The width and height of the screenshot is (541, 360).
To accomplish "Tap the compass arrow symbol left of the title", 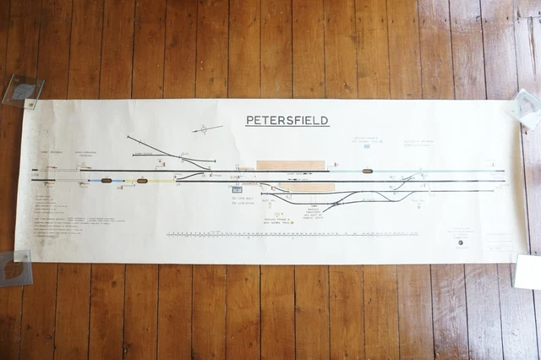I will click(206, 129).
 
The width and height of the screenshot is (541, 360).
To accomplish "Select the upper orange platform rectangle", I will click(290, 165).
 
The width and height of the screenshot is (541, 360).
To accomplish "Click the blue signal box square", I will click(237, 190).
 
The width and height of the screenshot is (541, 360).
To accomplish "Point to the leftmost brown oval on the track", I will click(107, 180).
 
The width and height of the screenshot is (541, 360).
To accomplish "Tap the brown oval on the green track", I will click(367, 171).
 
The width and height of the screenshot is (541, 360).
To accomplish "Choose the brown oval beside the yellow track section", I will click(142, 181).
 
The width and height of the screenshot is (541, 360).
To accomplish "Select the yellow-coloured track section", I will click(161, 181).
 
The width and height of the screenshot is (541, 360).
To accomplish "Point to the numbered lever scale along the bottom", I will click(304, 233).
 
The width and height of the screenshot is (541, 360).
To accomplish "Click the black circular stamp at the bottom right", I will click(461, 243).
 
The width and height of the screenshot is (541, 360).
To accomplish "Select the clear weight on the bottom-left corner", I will click(15, 267).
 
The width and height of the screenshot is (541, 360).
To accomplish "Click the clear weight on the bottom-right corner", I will click(527, 272).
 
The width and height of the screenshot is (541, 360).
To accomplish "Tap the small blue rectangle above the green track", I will click(368, 146).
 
